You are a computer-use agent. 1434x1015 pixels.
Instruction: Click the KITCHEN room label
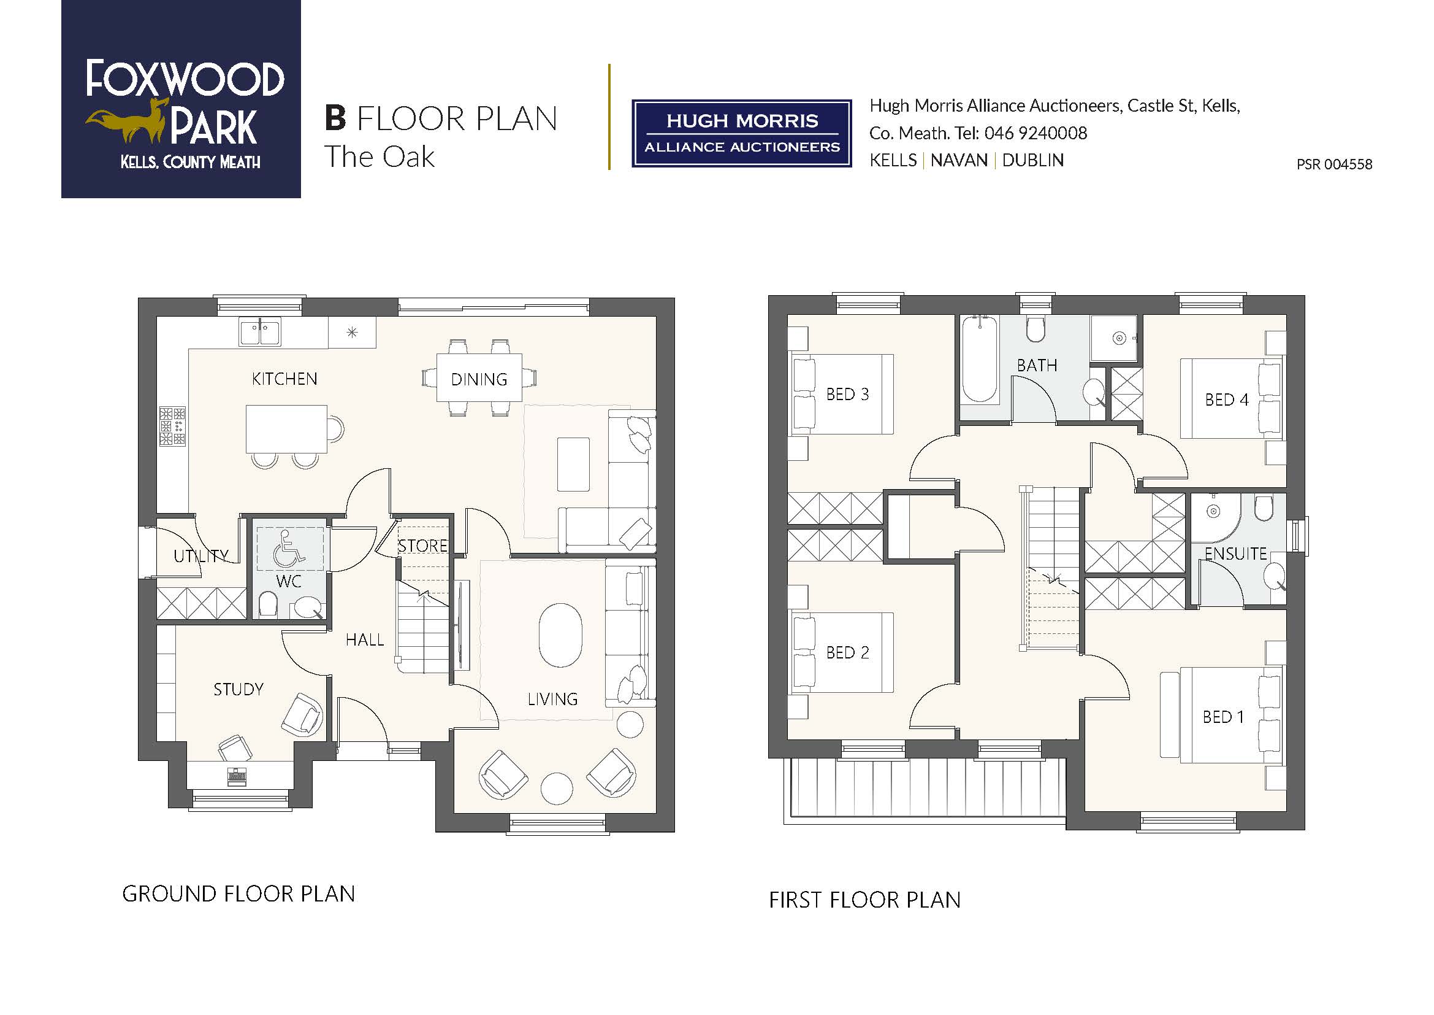(284, 379)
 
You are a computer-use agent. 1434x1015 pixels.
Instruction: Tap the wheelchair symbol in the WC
(286, 549)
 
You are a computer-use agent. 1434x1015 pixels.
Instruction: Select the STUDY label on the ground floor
(238, 689)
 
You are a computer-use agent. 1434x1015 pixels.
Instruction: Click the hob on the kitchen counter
(172, 426)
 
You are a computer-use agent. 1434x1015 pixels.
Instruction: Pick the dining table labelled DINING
(479, 378)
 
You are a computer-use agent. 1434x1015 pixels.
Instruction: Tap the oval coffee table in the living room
(560, 636)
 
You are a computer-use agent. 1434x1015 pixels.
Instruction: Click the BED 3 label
(847, 395)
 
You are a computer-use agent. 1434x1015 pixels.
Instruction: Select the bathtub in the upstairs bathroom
(979, 360)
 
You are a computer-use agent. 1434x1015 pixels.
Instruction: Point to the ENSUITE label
(1235, 554)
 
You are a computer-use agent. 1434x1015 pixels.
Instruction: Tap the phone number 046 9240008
(1035, 133)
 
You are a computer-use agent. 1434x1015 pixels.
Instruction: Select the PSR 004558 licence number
(1334, 164)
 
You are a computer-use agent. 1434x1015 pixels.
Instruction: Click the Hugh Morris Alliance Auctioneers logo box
(742, 133)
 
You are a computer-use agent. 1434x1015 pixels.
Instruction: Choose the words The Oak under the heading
(379, 157)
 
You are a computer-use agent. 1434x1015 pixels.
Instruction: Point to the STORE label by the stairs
(423, 546)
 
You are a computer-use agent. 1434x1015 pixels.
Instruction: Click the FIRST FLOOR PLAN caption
(864, 900)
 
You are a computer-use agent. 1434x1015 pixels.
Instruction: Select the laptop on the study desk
(237, 777)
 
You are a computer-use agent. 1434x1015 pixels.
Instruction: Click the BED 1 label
(1223, 717)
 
